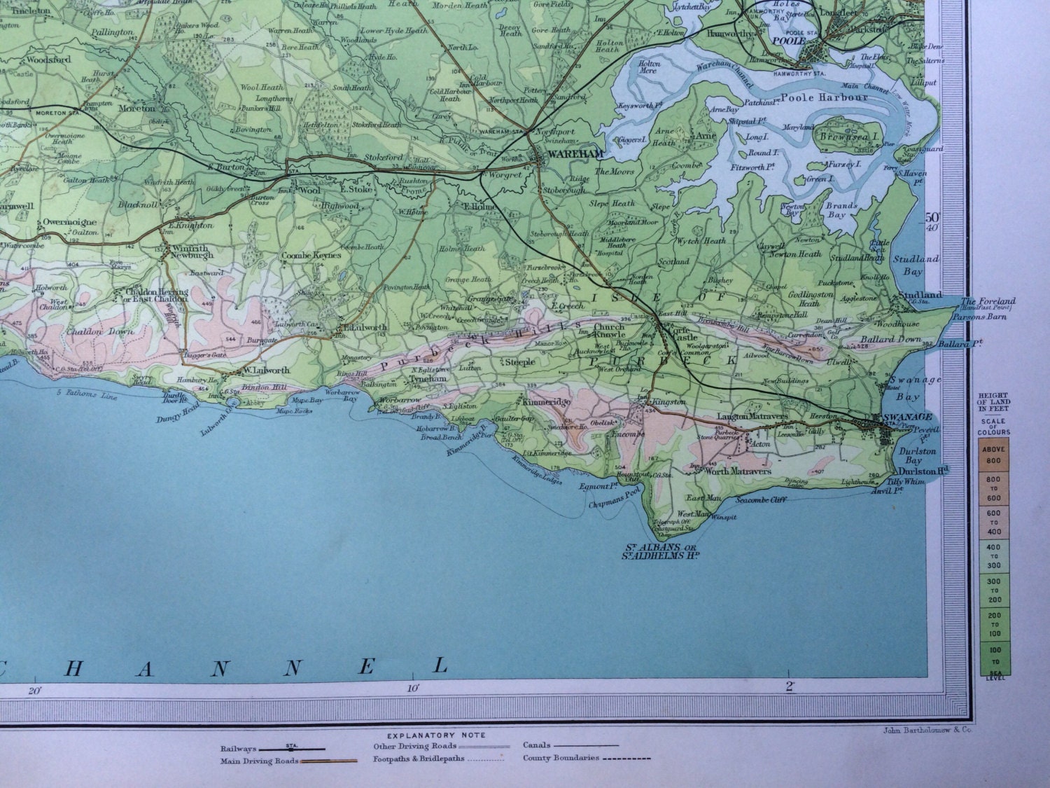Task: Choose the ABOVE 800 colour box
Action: [993, 455]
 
